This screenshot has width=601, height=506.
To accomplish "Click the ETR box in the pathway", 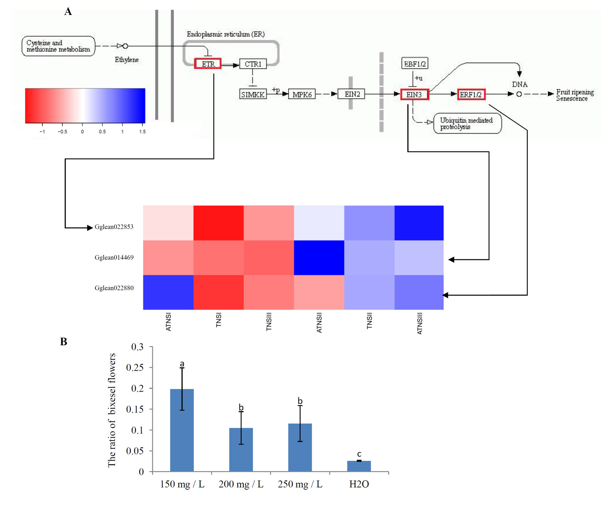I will [x=208, y=64].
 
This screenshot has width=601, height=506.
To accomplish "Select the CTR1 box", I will [x=253, y=64].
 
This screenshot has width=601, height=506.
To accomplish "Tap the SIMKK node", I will [x=253, y=94].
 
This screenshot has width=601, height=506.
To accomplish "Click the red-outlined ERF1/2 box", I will [x=471, y=94].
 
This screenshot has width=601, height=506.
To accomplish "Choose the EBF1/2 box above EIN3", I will [x=414, y=63].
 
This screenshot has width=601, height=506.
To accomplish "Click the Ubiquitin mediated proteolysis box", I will [x=467, y=123].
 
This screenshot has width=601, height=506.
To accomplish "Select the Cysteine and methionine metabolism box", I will [x=58, y=46].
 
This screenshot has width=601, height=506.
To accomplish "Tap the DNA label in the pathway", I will [x=520, y=85].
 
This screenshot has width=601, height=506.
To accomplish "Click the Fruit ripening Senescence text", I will [x=574, y=95].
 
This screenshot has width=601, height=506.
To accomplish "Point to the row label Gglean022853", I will [x=114, y=227].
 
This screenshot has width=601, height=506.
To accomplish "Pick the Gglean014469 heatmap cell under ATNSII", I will [x=319, y=257].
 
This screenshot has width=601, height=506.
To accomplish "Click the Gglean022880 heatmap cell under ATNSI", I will [x=168, y=292].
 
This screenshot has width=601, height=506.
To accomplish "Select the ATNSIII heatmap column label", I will [x=419, y=323].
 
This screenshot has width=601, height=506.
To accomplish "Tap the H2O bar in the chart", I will [x=359, y=466].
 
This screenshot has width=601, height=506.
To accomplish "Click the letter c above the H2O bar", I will [x=359, y=454].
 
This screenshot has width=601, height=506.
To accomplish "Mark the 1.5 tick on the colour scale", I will [x=142, y=132].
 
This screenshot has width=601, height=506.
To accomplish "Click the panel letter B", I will [x=64, y=342].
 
